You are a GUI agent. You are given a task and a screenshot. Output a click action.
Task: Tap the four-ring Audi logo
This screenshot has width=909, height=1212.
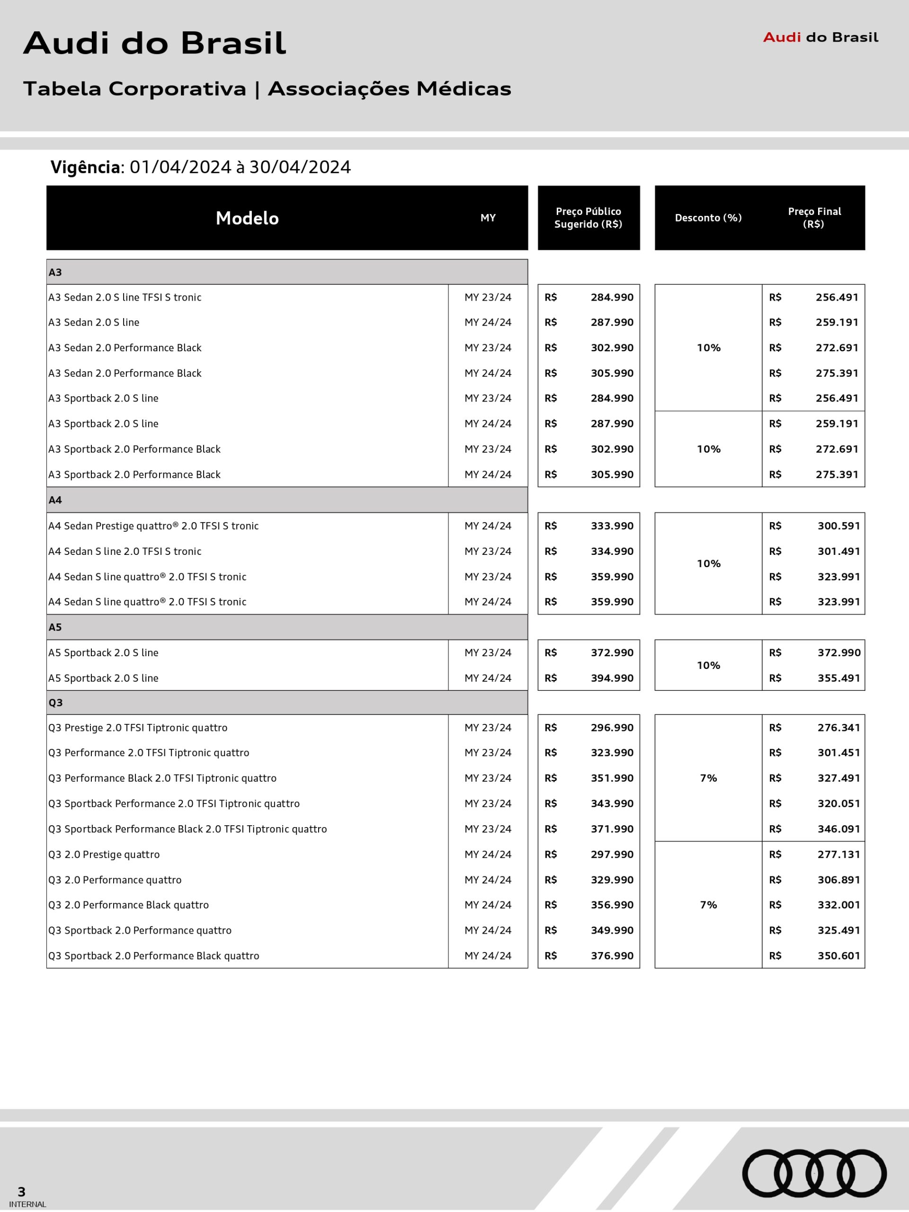point(814,1173)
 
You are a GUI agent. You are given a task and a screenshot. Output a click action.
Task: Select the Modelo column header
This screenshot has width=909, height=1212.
point(247,218)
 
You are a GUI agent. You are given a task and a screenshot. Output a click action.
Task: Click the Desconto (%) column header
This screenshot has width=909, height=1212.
point(708,218)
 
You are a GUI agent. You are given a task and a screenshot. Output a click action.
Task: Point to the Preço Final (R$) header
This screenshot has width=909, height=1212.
point(814,217)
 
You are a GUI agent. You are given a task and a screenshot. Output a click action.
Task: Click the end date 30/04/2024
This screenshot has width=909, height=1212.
point(300,167)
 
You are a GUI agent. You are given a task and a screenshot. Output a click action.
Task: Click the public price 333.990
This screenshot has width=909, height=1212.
point(612,526)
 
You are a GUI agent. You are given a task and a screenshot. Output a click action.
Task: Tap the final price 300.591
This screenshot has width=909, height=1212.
point(838,526)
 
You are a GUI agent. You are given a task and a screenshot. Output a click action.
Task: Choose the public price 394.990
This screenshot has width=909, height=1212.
point(612,678)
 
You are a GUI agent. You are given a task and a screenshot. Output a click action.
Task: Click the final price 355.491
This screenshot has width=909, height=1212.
point(838,678)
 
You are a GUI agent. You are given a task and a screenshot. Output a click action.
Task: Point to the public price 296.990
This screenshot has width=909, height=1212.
point(612,728)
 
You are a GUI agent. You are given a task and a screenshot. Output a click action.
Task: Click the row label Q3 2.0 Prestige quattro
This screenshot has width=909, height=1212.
point(104,854)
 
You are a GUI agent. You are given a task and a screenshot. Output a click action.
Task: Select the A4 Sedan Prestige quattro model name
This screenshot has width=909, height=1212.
point(153,526)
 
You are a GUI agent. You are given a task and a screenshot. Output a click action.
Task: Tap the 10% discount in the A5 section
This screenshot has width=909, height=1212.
point(708,665)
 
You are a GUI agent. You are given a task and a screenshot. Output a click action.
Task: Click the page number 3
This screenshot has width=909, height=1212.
point(21,1192)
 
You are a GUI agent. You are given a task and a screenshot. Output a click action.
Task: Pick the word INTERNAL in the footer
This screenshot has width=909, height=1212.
point(27,1204)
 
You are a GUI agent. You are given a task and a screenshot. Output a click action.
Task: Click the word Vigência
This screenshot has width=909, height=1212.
point(86,167)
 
